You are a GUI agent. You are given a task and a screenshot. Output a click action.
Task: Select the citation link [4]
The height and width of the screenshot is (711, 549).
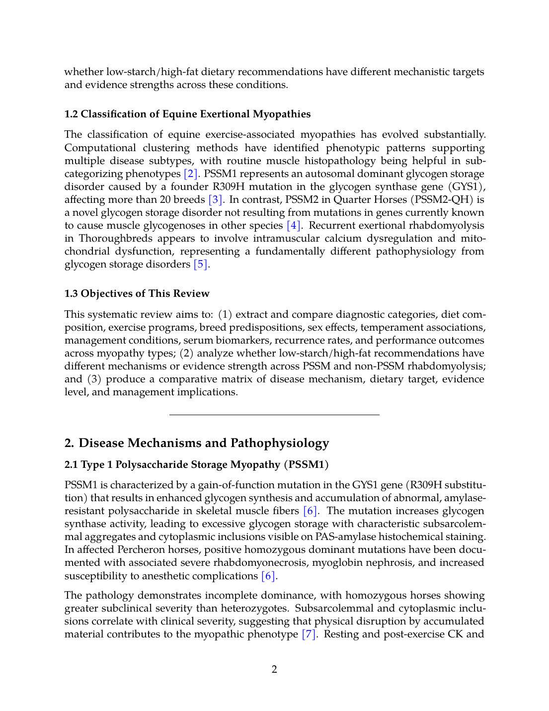[x=294, y=226]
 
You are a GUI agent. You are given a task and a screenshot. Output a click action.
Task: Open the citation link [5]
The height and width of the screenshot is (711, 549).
[x=201, y=265]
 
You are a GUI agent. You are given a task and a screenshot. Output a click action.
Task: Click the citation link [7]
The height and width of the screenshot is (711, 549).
[x=309, y=634]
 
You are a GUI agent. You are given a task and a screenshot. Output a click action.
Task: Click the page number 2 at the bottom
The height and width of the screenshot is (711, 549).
[x=274, y=669]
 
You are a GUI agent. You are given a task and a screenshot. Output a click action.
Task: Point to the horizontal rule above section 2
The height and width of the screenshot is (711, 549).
[x=274, y=415]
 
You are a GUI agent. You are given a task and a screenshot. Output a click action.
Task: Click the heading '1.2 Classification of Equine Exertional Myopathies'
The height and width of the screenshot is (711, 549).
[x=187, y=114]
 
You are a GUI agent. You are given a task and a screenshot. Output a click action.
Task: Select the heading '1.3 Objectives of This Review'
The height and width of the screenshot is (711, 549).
[x=137, y=294]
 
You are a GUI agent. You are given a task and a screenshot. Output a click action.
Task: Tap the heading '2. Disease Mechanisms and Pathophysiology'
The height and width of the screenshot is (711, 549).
[x=197, y=443]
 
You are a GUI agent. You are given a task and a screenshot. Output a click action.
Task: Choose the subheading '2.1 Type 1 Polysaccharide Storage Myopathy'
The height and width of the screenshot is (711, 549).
[x=196, y=465]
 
